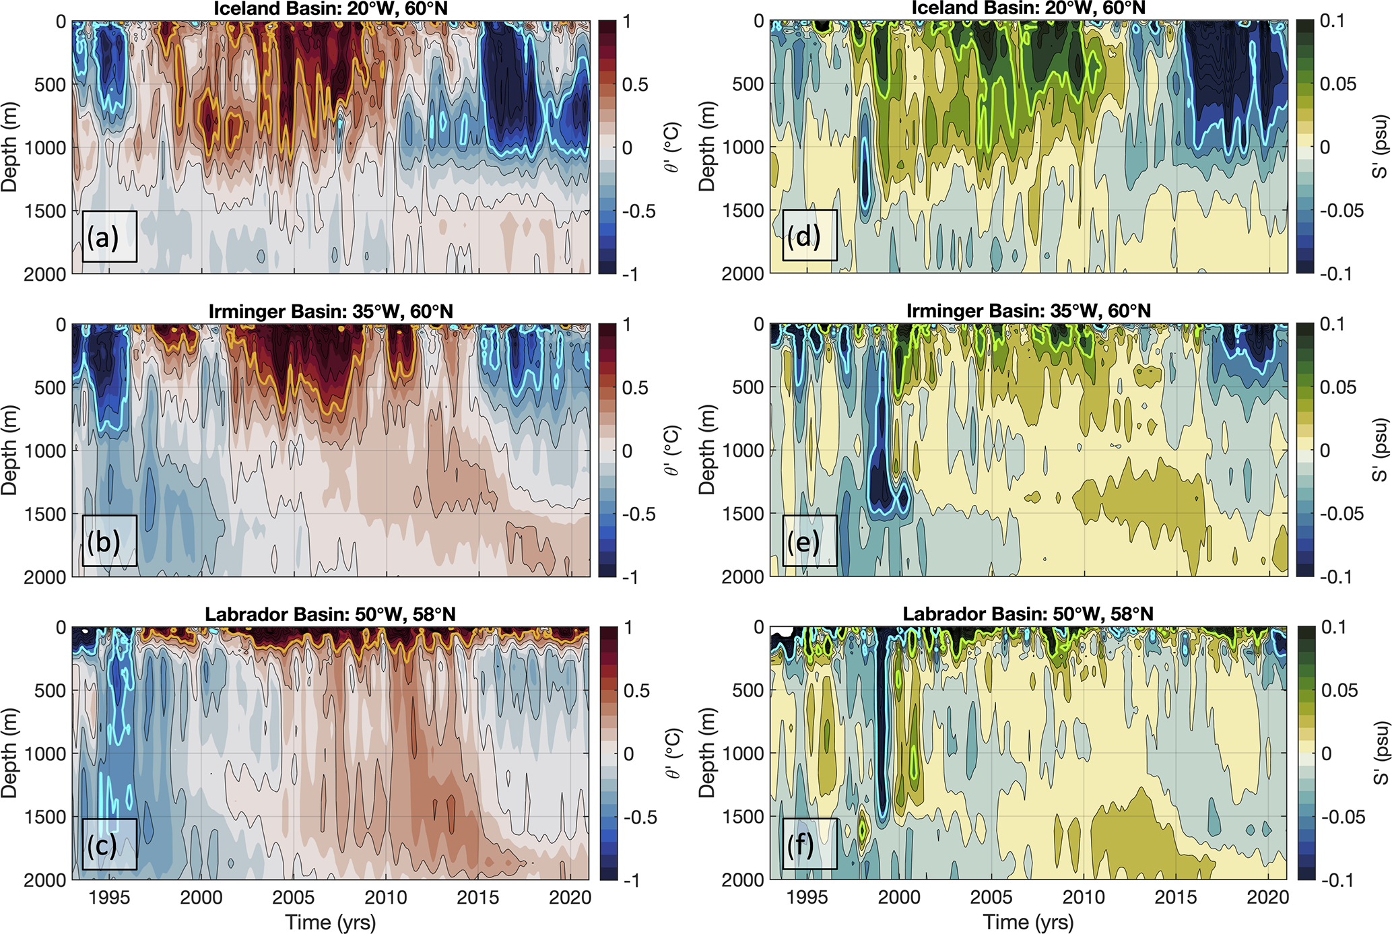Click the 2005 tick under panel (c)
[294, 898]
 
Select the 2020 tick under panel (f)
[1268, 898]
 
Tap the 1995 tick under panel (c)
[109, 898]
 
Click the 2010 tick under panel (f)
[1084, 898]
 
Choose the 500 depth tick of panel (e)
[748, 387]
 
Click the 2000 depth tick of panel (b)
[45, 577]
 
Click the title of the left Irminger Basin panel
[331, 312]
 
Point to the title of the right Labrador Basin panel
[1028, 614]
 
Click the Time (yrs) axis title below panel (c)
[331, 922]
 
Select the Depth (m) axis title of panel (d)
[706, 147]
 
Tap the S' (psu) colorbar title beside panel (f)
[1381, 753]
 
